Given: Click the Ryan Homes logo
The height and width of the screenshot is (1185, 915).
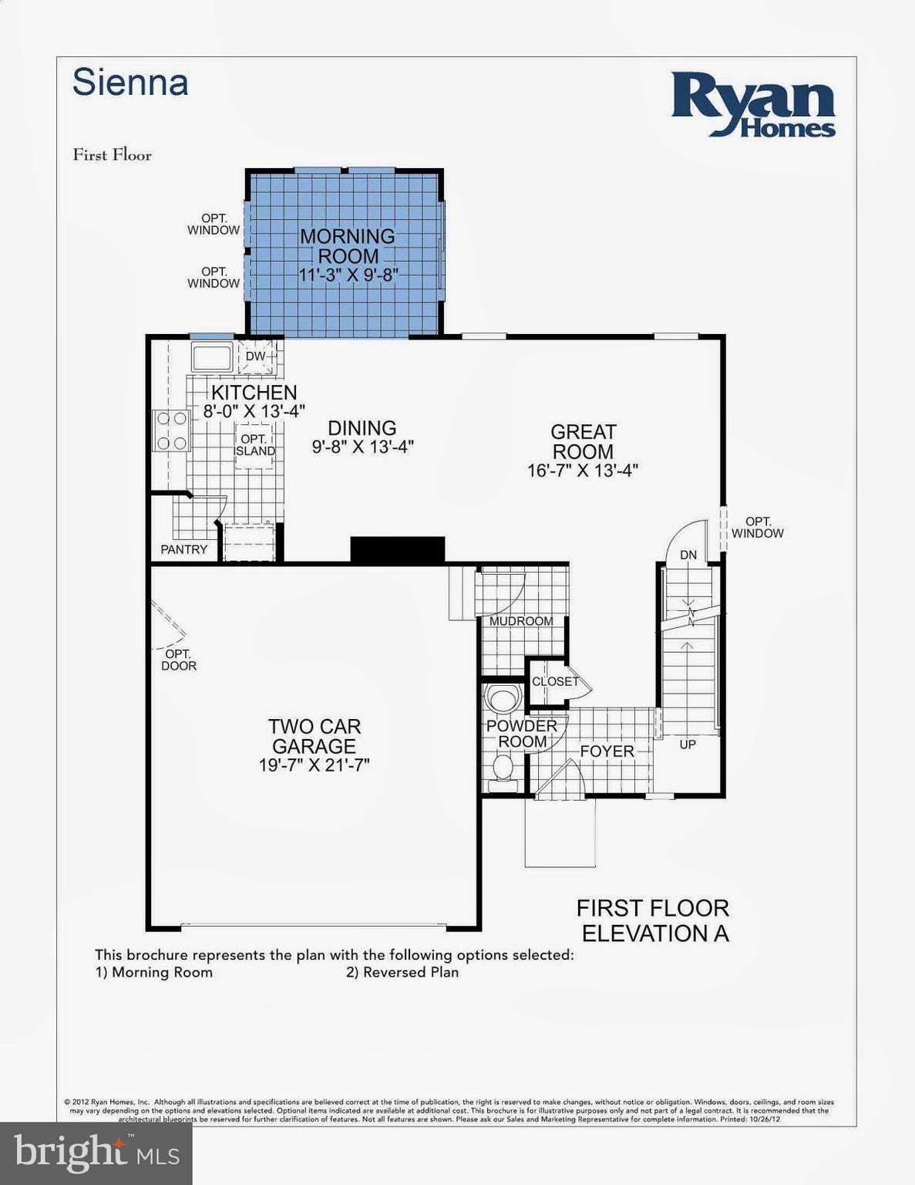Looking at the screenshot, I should tap(752, 105).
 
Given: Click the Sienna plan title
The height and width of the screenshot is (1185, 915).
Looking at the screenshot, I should tap(130, 83).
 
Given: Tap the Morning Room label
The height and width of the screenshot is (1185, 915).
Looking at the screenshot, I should tap(348, 245).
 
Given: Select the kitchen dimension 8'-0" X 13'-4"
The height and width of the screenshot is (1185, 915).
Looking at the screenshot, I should tap(254, 412).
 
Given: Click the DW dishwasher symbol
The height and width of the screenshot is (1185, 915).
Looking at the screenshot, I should tap(255, 356).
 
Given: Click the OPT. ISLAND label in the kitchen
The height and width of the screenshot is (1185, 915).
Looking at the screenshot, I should tap(254, 445).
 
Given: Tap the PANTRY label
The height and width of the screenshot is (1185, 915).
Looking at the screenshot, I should tap(183, 549).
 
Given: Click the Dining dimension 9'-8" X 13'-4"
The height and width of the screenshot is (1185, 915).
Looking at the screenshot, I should tap(362, 447).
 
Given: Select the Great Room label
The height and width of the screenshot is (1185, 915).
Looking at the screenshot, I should tap(583, 441).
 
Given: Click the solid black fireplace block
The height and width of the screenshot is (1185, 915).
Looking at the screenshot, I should tap(398, 549).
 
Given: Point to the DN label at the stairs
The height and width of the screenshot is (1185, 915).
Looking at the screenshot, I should tap(688, 555).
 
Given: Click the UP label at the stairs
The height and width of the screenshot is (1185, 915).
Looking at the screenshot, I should tap(688, 744).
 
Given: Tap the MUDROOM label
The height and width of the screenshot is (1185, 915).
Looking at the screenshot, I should tap(521, 621).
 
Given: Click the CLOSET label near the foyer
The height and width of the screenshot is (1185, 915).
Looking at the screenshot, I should tap(555, 681).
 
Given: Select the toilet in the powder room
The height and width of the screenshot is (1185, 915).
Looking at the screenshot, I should tap(503, 768).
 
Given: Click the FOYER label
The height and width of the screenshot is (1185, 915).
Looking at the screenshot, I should tap(607, 751).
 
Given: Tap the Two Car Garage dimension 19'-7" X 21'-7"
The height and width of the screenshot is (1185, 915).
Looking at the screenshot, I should tap(315, 765).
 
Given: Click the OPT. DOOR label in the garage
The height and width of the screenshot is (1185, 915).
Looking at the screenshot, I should tap(179, 660).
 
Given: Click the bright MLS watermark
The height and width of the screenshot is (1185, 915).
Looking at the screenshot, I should tap(96, 1153).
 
